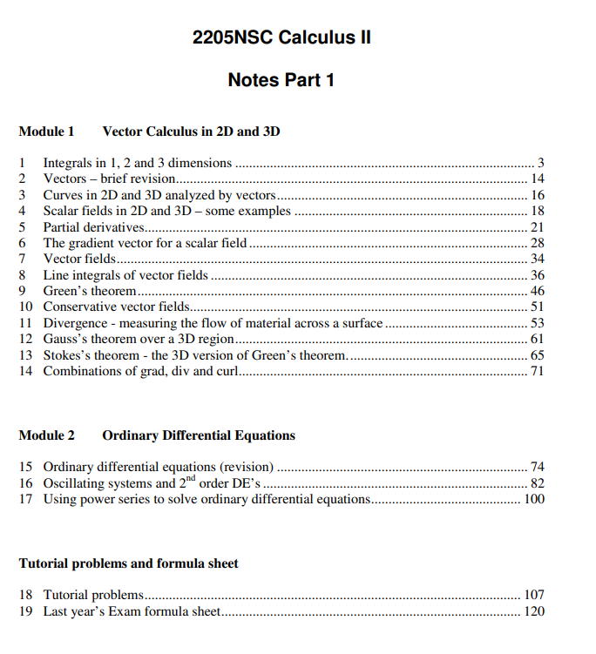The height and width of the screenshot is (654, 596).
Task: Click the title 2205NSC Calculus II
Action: click(281, 39)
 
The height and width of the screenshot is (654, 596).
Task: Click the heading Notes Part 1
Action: click(281, 80)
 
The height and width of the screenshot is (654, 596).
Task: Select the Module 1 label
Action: click(46, 131)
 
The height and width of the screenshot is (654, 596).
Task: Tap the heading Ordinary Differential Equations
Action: click(199, 435)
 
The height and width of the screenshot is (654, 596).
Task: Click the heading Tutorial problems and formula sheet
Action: click(128, 563)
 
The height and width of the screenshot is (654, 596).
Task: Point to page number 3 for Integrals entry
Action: click(540, 163)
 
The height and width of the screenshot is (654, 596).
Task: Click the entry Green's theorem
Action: click(90, 291)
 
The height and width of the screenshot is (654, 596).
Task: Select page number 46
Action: click(537, 291)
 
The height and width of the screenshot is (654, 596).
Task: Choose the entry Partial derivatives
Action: click(93, 227)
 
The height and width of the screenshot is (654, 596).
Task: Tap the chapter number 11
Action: click(25, 323)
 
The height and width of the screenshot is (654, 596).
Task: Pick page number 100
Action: click(534, 499)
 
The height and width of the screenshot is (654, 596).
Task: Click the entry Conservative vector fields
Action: click(116, 307)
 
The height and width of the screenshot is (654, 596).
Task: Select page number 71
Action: click(537, 371)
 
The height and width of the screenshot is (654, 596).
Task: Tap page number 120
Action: click(534, 611)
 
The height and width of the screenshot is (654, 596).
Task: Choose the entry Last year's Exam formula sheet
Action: click(132, 611)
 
